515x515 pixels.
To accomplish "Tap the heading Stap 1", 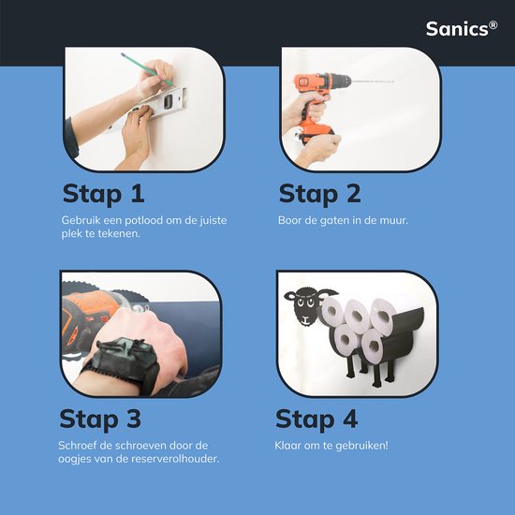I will click(x=104, y=194).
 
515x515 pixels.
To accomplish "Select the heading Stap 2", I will click(x=320, y=194).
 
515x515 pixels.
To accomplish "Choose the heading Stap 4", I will click(x=318, y=418).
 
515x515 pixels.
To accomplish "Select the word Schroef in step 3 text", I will click(x=81, y=445).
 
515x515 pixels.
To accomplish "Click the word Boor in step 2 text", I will click(x=290, y=220).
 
